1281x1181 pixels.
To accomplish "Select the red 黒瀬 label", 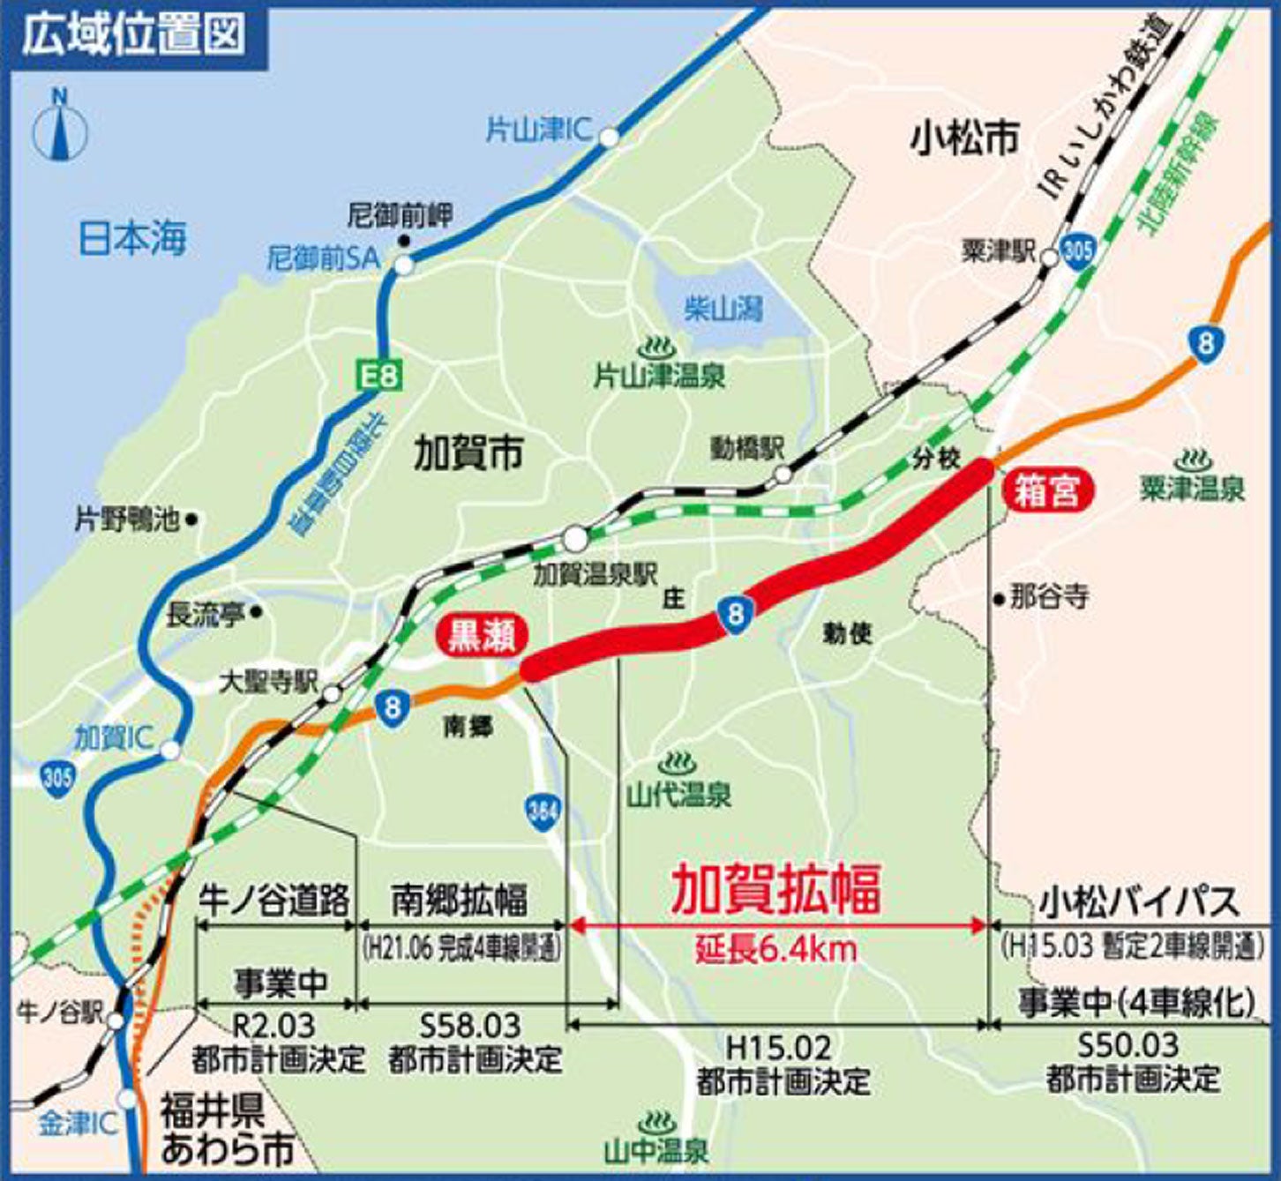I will click(x=482, y=637).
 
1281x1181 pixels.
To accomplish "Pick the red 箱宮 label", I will click(x=1048, y=490).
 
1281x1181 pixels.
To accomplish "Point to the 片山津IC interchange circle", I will click(x=609, y=137).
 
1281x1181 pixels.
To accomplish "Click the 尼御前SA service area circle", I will click(x=403, y=263).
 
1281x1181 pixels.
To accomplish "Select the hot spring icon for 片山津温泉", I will click(x=658, y=347).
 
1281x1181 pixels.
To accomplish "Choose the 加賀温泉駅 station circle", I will click(x=574, y=536).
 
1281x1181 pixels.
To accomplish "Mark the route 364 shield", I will click(x=542, y=811).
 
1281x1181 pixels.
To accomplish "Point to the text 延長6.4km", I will click(x=775, y=950).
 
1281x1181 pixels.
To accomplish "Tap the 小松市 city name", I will click(x=965, y=138).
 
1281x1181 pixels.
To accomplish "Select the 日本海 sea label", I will click(x=133, y=237).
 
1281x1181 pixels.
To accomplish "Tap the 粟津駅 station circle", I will click(x=1049, y=258).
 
